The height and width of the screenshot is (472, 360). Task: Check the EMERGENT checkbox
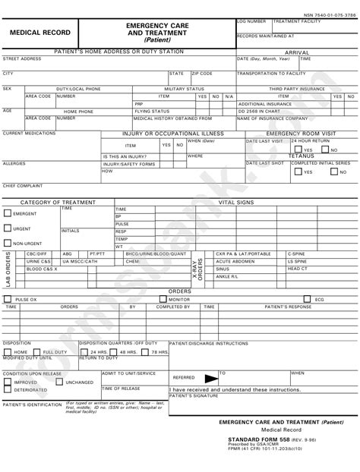[x=7, y=214]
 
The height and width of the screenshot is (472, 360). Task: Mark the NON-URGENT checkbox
[x=7, y=243]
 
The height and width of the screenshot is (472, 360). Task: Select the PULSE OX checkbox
[x=8, y=300]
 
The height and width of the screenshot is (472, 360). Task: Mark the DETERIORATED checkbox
[x=7, y=390]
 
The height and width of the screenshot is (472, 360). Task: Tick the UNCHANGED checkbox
[x=59, y=382]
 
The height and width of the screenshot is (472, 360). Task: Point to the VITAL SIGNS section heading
[x=236, y=203]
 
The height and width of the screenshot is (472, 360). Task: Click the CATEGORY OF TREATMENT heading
[x=58, y=203]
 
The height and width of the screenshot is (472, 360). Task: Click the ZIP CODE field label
[x=202, y=74]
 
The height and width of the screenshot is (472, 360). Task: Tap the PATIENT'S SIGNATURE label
[x=191, y=396]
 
